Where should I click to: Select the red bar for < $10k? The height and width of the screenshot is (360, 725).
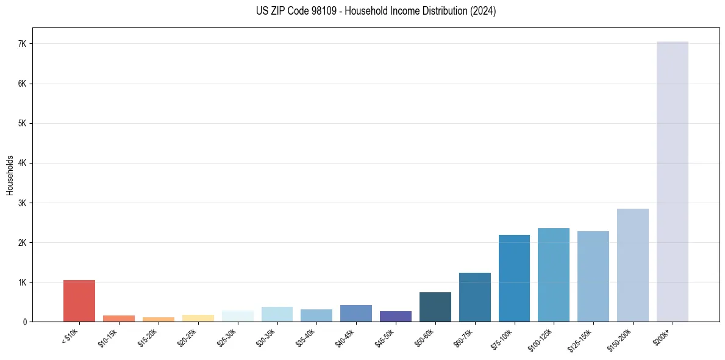[x=79, y=301]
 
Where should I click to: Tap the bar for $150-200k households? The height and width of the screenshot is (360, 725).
[x=632, y=265]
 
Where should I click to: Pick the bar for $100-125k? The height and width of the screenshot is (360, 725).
[x=554, y=275]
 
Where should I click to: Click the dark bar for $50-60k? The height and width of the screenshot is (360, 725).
[x=435, y=307]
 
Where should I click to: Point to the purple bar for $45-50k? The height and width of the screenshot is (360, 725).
[x=396, y=316]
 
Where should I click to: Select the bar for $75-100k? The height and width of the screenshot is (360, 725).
[x=514, y=278]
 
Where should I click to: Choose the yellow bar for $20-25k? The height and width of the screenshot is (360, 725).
[x=198, y=318]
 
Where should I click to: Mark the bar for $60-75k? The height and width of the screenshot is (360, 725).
[x=474, y=297]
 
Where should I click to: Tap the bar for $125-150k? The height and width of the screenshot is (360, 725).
[x=593, y=276]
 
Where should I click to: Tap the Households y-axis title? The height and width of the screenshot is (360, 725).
[x=10, y=175]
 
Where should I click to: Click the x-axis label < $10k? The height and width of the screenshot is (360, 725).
[x=70, y=336]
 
